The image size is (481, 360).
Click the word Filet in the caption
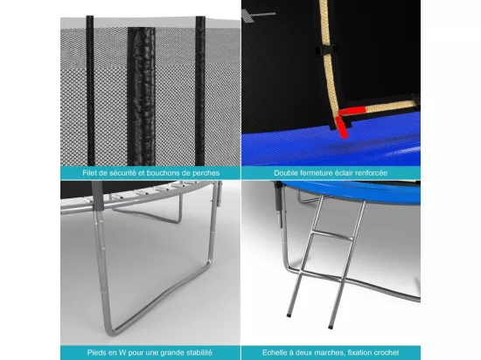tap(89, 173)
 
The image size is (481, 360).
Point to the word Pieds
tap(95, 353)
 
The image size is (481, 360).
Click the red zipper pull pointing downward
tap(342, 127)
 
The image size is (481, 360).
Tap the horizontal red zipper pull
tap(352, 111)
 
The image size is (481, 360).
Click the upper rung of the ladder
tap(332, 235)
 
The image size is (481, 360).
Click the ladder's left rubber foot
tap(289, 315)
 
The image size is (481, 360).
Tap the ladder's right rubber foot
tap(331, 327)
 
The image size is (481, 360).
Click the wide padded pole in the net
tap(142, 96)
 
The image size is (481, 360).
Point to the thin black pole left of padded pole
tap(90, 90)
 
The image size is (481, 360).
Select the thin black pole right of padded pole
tap(200, 90)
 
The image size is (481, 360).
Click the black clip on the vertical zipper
tap(326, 50)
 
